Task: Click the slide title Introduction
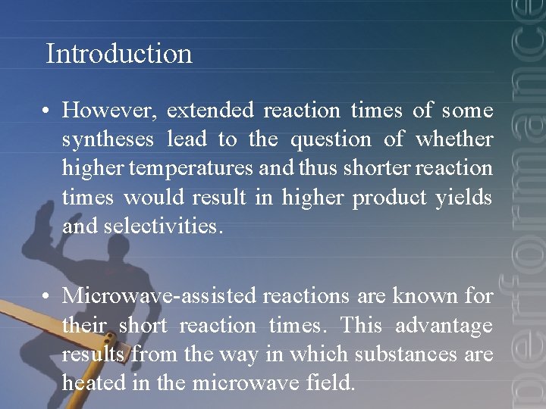pos(119,54)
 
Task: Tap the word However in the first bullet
pos(110,111)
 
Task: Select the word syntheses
pos(108,140)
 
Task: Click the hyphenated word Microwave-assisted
pos(159,296)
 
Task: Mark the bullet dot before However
pos(47,111)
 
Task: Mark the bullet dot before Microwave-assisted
pos(47,297)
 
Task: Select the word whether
pos(455,140)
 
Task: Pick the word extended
pos(210,111)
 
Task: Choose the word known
pos(424,296)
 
